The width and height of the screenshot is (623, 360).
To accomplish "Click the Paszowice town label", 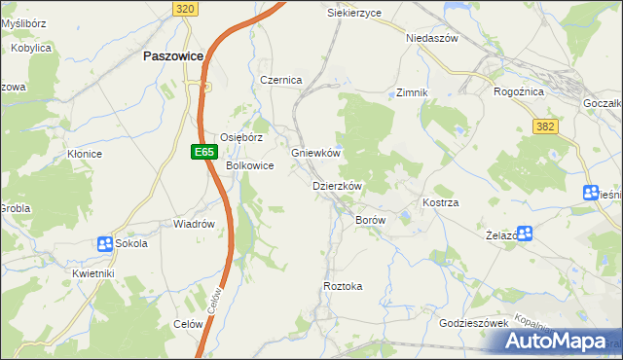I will click(x=172, y=56).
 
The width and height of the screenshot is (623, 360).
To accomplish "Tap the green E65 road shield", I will click(x=202, y=152).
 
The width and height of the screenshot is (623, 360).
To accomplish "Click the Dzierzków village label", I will click(x=337, y=186).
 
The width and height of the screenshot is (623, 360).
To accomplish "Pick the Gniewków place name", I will click(x=315, y=153).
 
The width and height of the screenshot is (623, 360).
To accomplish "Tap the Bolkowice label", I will click(x=249, y=166).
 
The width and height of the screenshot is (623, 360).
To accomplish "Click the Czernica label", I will click(x=281, y=80).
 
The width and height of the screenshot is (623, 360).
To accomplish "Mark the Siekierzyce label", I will click(x=354, y=13).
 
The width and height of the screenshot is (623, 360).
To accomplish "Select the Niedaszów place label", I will click(x=431, y=39).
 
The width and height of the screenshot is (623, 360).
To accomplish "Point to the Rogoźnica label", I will click(x=520, y=91).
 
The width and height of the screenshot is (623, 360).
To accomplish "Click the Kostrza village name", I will click(x=440, y=201).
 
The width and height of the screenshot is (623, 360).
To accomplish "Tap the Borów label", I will click(x=371, y=221).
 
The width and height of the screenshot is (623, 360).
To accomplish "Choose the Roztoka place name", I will click(x=343, y=286).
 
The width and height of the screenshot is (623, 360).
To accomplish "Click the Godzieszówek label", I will click(x=475, y=323).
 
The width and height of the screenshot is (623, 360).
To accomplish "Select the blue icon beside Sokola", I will click(x=104, y=243).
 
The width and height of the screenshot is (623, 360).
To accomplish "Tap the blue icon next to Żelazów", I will click(x=526, y=233).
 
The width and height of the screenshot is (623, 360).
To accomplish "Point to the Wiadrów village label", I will click(x=193, y=224).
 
